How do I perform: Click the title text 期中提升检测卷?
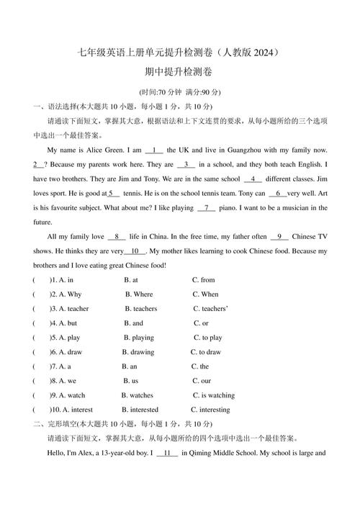tap(179, 72)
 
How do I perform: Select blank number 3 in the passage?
tap(186, 165)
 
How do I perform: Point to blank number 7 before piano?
tap(207, 208)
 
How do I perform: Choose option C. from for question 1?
tap(204, 280)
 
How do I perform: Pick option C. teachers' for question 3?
tap(210, 309)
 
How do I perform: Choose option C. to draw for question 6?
tap(206, 352)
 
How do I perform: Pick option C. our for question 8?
tap(202, 381)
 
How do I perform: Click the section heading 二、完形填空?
tap(55, 424)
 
